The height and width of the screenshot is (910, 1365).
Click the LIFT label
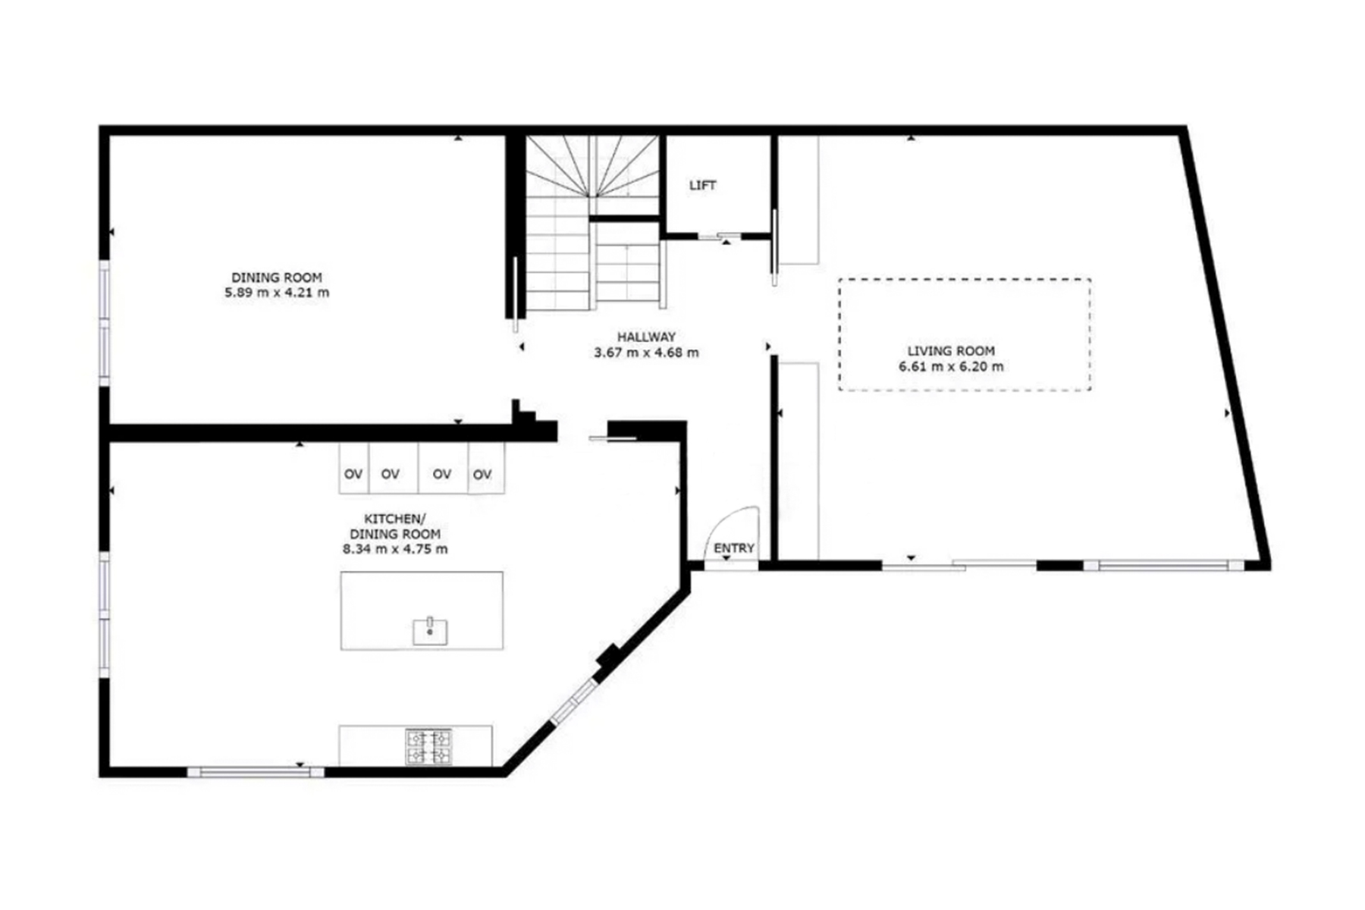click(702, 185)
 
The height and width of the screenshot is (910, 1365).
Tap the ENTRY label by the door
click(733, 548)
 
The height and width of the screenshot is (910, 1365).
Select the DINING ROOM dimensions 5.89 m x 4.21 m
click(277, 293)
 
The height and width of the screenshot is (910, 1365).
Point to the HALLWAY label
click(646, 337)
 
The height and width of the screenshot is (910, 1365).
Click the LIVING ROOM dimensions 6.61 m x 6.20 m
click(951, 367)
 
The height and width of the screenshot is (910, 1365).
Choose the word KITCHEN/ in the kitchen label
click(395, 519)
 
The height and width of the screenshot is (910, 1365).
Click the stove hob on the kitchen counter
click(428, 746)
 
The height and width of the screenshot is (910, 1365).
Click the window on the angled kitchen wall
click(574, 701)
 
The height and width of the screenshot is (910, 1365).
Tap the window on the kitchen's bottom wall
click(256, 772)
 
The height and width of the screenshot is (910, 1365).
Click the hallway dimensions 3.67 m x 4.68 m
click(646, 353)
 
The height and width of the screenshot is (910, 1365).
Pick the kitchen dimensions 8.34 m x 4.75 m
click(395, 549)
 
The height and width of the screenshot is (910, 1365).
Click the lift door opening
click(719, 237)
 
